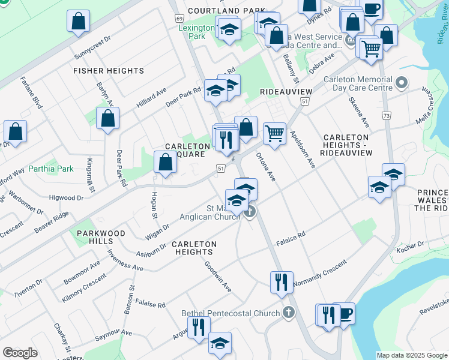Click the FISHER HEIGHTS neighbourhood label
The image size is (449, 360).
click(109, 71)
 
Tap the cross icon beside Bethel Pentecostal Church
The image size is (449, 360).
click(289, 313)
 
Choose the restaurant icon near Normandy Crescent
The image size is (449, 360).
click(282, 282)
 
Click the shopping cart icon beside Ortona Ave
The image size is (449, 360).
click(274, 133)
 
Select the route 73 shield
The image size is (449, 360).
click(385, 115)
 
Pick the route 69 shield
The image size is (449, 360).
click(179, 19)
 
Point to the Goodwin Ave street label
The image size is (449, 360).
click(218, 276)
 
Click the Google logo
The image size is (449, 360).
click(20, 353)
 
